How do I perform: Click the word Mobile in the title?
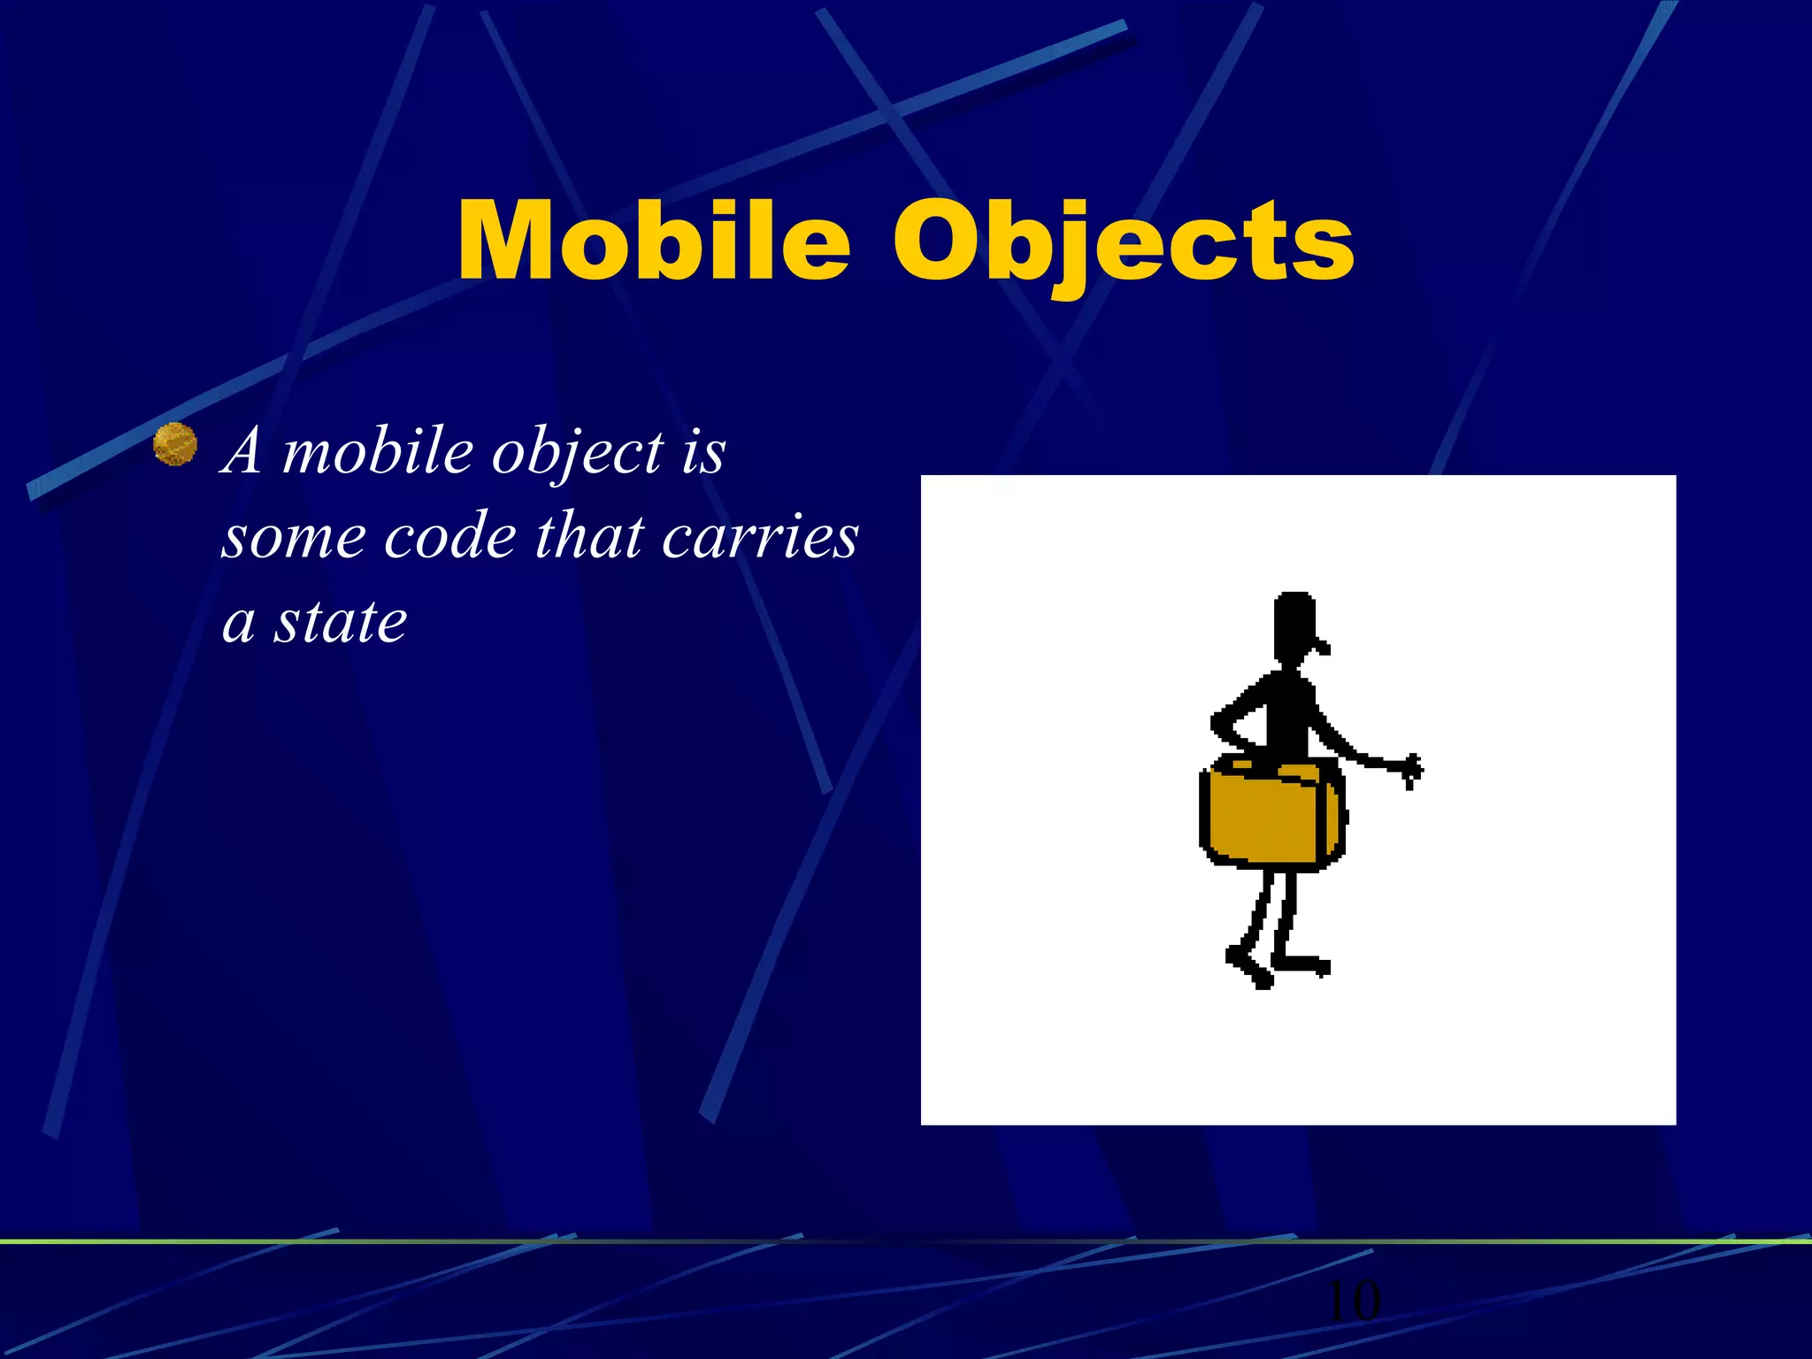click(x=653, y=241)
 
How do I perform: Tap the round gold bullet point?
click(x=175, y=444)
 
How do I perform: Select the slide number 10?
click(x=1353, y=1301)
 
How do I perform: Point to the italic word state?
click(x=340, y=621)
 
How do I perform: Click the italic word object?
click(x=577, y=453)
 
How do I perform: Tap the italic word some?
click(x=293, y=538)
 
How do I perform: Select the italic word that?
click(x=588, y=536)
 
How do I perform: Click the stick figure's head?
click(x=1294, y=625)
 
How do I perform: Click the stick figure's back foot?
click(x=1248, y=966)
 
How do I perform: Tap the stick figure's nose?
click(x=1323, y=646)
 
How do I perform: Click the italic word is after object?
click(x=703, y=451)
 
